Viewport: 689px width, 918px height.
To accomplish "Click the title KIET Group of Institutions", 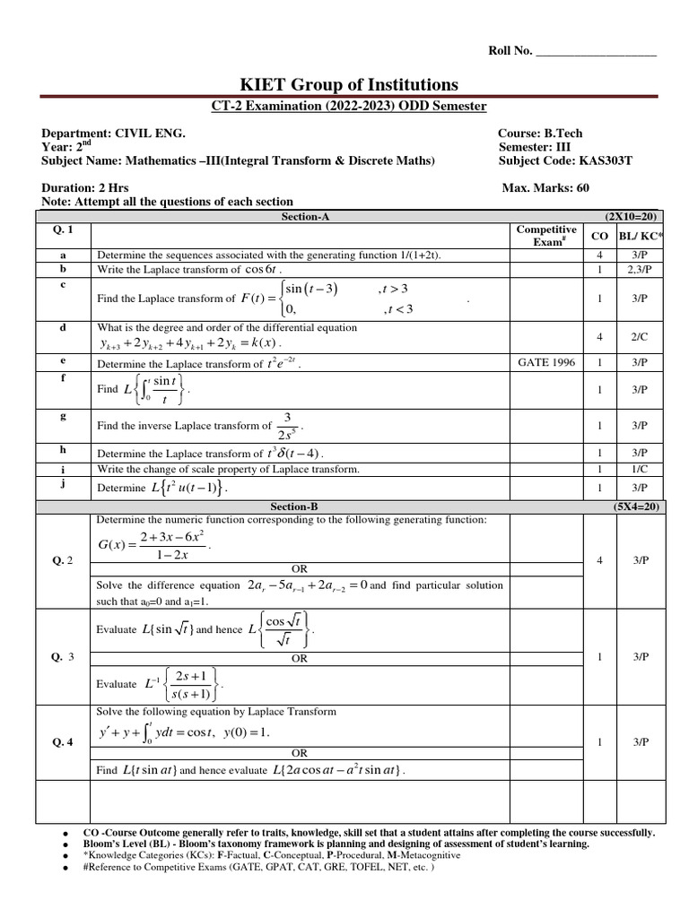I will pyautogui.click(x=344, y=84).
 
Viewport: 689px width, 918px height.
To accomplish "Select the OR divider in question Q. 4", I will pyautogui.click(x=300, y=753).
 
